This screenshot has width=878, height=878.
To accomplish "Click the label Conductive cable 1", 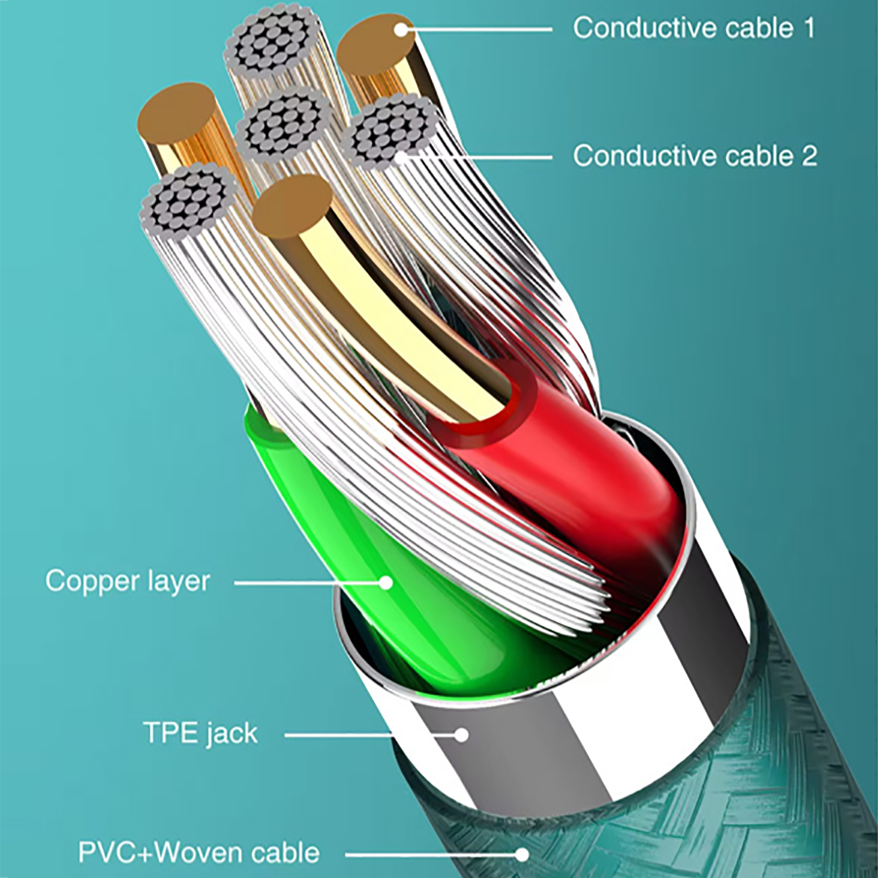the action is click(x=694, y=28).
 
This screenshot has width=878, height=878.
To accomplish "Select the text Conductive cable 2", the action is click(x=695, y=156).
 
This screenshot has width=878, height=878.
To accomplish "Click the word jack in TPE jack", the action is click(x=231, y=733).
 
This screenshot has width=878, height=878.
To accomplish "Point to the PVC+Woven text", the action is click(x=160, y=853).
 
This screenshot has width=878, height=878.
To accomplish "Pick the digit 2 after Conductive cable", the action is click(x=808, y=156).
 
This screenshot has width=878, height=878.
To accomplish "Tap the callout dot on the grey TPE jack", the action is click(x=461, y=734).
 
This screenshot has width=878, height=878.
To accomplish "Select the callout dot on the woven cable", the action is click(x=521, y=854).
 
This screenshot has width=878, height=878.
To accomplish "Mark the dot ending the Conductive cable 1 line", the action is click(x=401, y=30).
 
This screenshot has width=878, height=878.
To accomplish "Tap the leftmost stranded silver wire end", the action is click(x=188, y=201).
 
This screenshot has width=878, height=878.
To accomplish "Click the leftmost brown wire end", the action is click(x=176, y=116).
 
